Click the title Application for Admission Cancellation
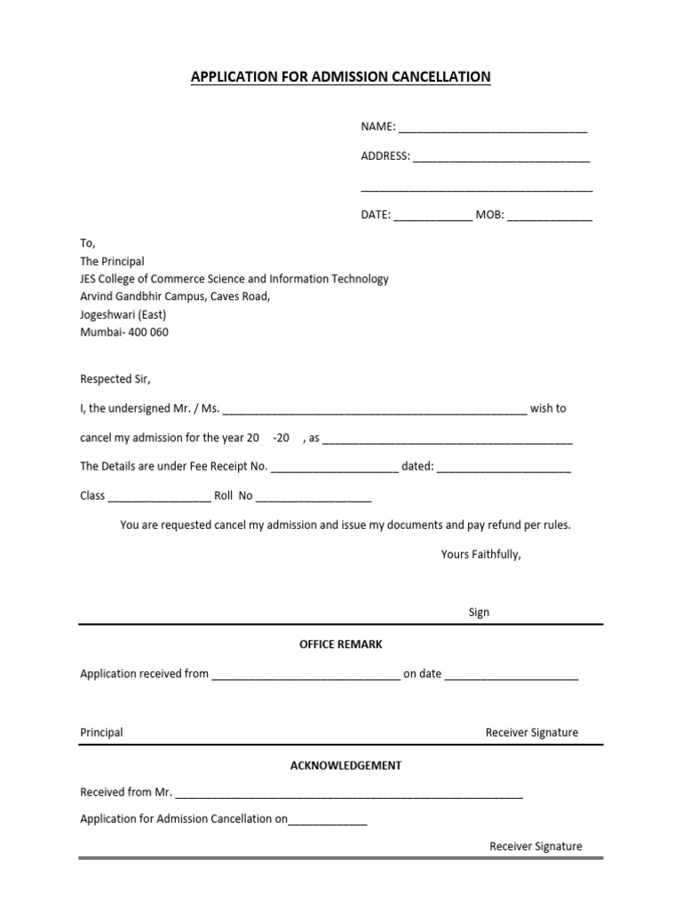(340, 77)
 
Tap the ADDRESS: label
(385, 156)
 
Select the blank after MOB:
(550, 216)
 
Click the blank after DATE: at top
(432, 216)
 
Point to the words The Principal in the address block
(112, 261)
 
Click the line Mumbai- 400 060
(124, 332)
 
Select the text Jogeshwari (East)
(123, 314)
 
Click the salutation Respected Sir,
(115, 379)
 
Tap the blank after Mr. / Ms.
(374, 410)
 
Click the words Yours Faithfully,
(481, 555)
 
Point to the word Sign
(479, 613)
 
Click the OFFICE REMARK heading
(341, 644)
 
